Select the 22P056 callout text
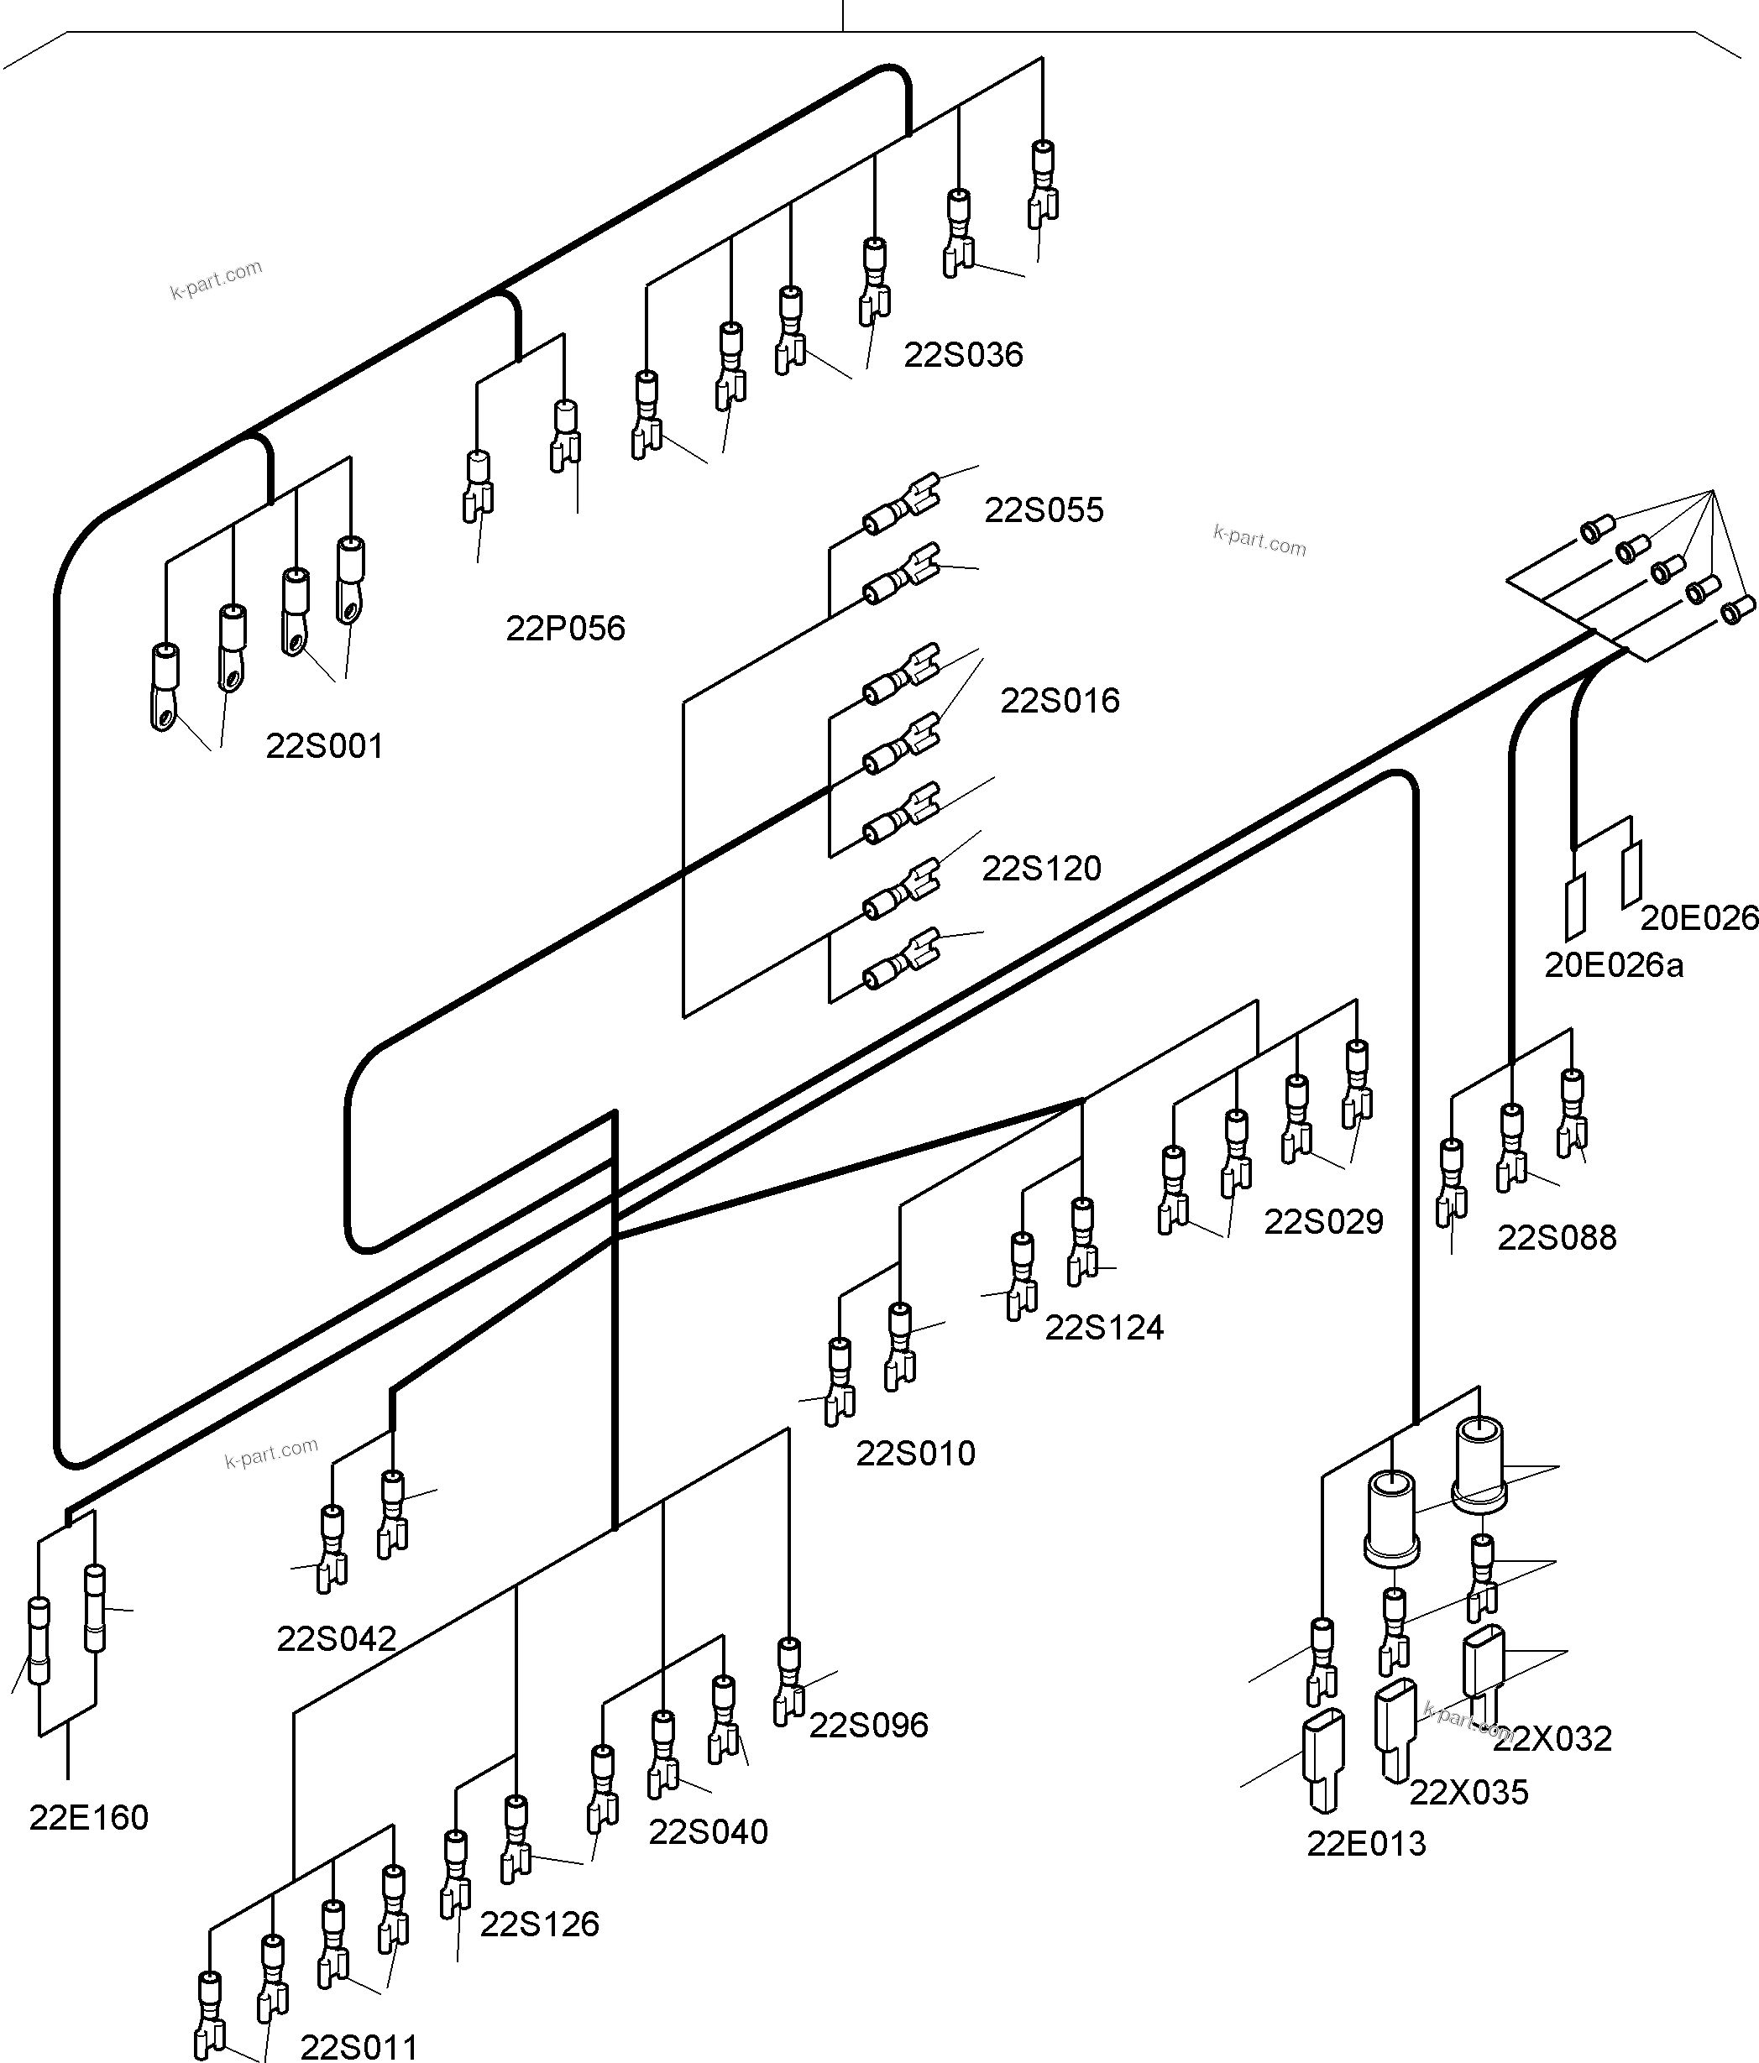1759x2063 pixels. pos(565,629)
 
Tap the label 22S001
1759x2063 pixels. pos(324,746)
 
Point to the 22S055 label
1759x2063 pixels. pos(1043,509)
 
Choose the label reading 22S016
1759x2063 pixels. pos(1059,701)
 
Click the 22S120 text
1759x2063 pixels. pos(1041,868)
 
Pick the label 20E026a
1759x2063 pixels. pos(1613,965)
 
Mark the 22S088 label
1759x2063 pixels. pos(1556,1238)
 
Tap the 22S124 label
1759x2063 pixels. pos(1102,1327)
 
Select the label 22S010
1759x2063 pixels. pos(914,1454)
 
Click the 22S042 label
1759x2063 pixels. pos(336,1637)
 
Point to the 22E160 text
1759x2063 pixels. pos(89,1817)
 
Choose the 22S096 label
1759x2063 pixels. pos(867,1725)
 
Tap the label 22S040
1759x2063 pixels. pos(707,1831)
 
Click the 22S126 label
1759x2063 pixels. pos(539,1924)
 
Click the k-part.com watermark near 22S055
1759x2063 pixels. pos(1259,541)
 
